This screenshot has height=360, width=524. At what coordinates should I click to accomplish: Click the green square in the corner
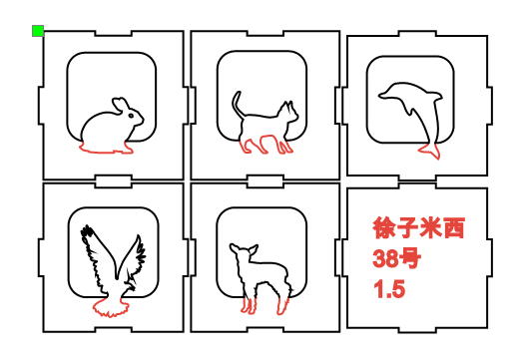pos(38,32)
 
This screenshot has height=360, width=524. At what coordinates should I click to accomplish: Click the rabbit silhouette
pos(108,129)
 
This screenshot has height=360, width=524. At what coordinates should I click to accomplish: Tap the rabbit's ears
pos(119,103)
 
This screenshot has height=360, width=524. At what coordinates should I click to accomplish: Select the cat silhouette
pos(262,128)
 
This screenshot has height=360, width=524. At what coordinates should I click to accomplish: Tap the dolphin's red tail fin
pos(429,151)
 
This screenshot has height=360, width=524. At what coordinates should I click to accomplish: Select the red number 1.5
pos(388,290)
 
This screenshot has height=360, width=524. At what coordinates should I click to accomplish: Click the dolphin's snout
pos(382,97)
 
